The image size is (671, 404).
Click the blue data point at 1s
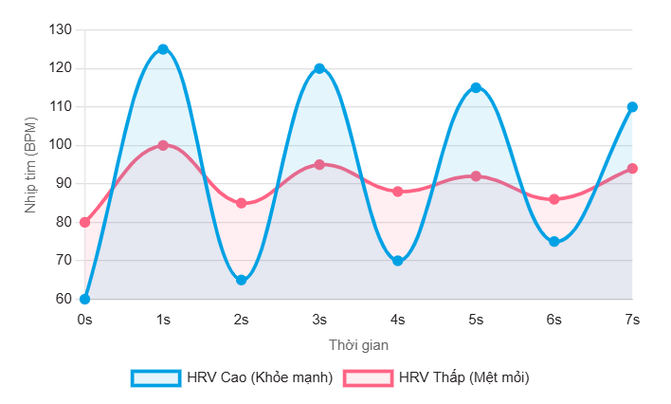[x=163, y=49]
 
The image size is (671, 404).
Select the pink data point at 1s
[x=163, y=145]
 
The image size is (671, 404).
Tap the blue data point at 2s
[x=242, y=280]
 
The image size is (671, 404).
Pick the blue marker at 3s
[x=319, y=68]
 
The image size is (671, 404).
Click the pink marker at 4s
[x=398, y=192]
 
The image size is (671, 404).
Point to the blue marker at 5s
[x=476, y=87]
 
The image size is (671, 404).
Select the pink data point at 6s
[x=554, y=199]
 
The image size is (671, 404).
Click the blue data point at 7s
[x=632, y=107]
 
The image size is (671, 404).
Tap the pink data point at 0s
[x=85, y=222]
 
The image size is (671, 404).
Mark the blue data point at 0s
[x=85, y=299]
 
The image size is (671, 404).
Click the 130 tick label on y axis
[x=61, y=30]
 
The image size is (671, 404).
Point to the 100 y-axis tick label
[x=61, y=145]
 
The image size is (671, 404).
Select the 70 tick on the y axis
[x=64, y=261]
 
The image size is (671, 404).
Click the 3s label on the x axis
[x=319, y=320]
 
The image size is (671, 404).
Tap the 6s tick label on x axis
[x=554, y=320]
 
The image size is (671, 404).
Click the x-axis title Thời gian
[x=358, y=344]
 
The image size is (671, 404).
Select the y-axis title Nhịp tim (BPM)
[x=30, y=164]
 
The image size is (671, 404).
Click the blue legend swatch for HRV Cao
[x=155, y=377]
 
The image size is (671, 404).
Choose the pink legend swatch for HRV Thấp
[x=368, y=377]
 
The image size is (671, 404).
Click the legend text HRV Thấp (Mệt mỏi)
[x=463, y=377]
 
